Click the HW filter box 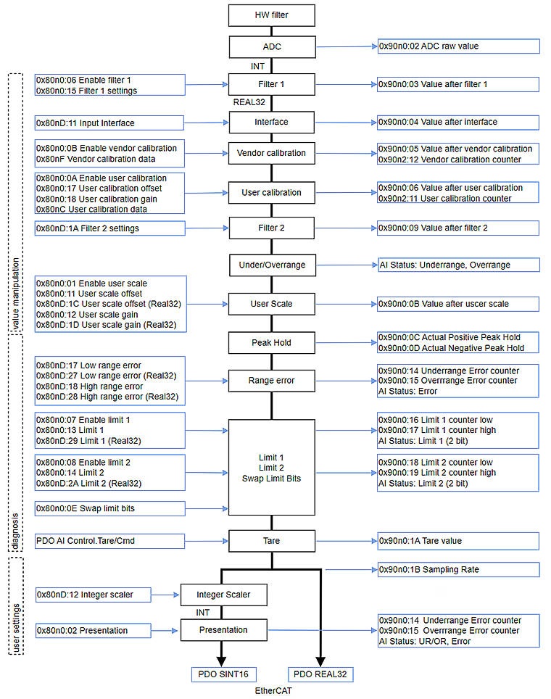tap(272, 15)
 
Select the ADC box tap(272, 46)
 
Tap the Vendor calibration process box tap(272, 153)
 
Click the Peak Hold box tap(272, 342)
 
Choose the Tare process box tap(272, 540)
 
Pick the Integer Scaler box tap(223, 595)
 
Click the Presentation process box tap(223, 630)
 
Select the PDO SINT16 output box tap(223, 674)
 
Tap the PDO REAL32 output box tap(320, 674)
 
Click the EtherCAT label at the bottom tap(273, 691)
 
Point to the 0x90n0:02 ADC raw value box tap(458, 46)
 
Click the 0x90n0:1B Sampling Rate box tap(458, 569)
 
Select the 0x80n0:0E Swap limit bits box tap(110, 509)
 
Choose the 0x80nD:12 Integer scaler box tap(94, 595)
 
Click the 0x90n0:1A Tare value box tap(458, 540)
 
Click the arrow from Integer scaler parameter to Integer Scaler tap(166, 595)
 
